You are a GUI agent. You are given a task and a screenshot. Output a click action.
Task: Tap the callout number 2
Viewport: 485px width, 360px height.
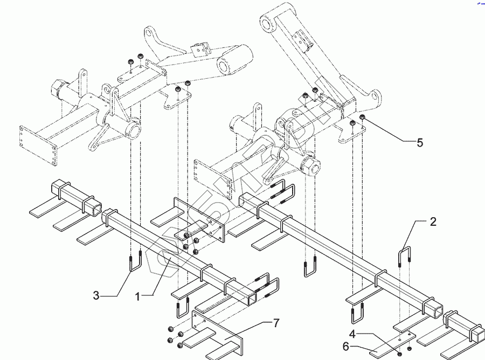tap(433, 221)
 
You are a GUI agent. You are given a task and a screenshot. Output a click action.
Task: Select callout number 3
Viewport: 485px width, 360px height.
tap(96, 295)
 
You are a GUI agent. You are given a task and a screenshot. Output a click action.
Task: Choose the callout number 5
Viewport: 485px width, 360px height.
tap(419, 143)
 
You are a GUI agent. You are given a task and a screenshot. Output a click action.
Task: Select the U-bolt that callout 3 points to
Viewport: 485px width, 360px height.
tap(135, 264)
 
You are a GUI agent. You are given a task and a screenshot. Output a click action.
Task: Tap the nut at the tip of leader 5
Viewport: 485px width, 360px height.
tap(362, 118)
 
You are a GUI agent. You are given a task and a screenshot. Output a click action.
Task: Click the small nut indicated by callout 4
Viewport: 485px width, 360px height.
tap(399, 354)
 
